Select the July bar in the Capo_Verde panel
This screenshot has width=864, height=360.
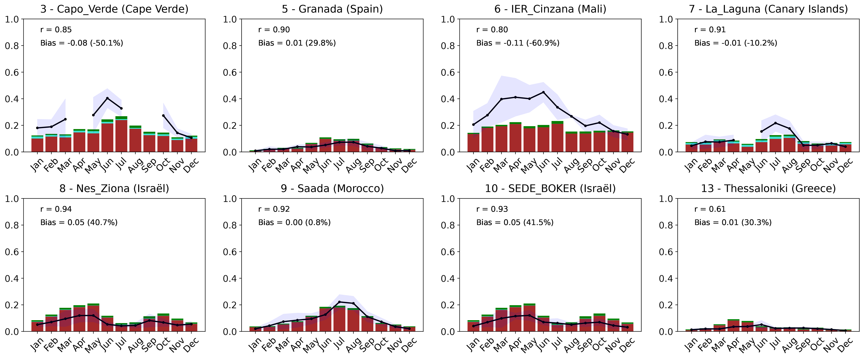click(121, 134)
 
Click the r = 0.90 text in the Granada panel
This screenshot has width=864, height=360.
click(274, 30)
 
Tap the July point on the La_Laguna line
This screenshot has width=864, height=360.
click(775, 123)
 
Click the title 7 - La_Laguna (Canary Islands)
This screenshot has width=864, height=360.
click(768, 9)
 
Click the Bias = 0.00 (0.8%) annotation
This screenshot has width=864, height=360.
click(294, 222)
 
